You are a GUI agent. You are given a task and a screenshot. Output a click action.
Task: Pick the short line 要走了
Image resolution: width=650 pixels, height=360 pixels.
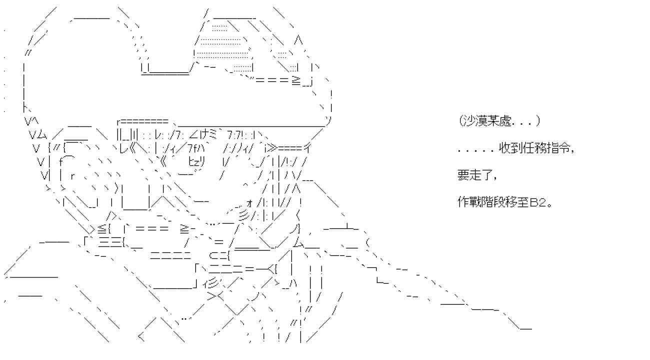click(x=476, y=175)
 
